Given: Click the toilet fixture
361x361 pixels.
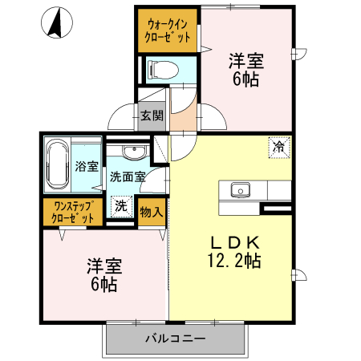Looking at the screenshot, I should [x=160, y=70].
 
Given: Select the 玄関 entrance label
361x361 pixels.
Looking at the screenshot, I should [x=152, y=116].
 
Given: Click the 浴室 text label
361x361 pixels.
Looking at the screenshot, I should [x=87, y=167].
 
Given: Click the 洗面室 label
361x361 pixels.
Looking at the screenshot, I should [x=128, y=176].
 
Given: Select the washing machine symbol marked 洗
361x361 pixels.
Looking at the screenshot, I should [x=120, y=205].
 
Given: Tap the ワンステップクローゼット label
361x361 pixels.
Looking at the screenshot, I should [x=73, y=211].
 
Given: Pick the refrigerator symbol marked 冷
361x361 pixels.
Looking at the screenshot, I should [x=278, y=148].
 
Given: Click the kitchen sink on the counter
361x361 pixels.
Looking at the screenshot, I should [x=240, y=190].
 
